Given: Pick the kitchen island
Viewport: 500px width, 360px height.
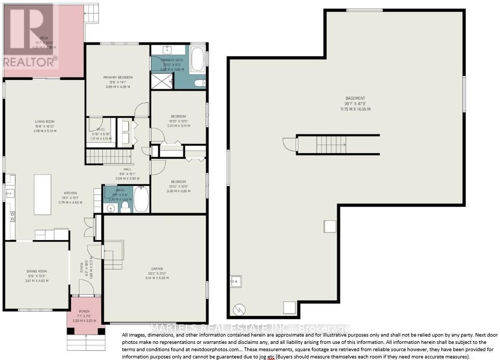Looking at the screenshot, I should click(43, 194).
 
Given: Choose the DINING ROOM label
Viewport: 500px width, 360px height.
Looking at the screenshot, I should click(37, 271).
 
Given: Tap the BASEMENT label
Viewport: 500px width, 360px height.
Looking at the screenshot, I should click(355, 98).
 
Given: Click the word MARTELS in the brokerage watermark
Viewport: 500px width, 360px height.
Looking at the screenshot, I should click(166, 328).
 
